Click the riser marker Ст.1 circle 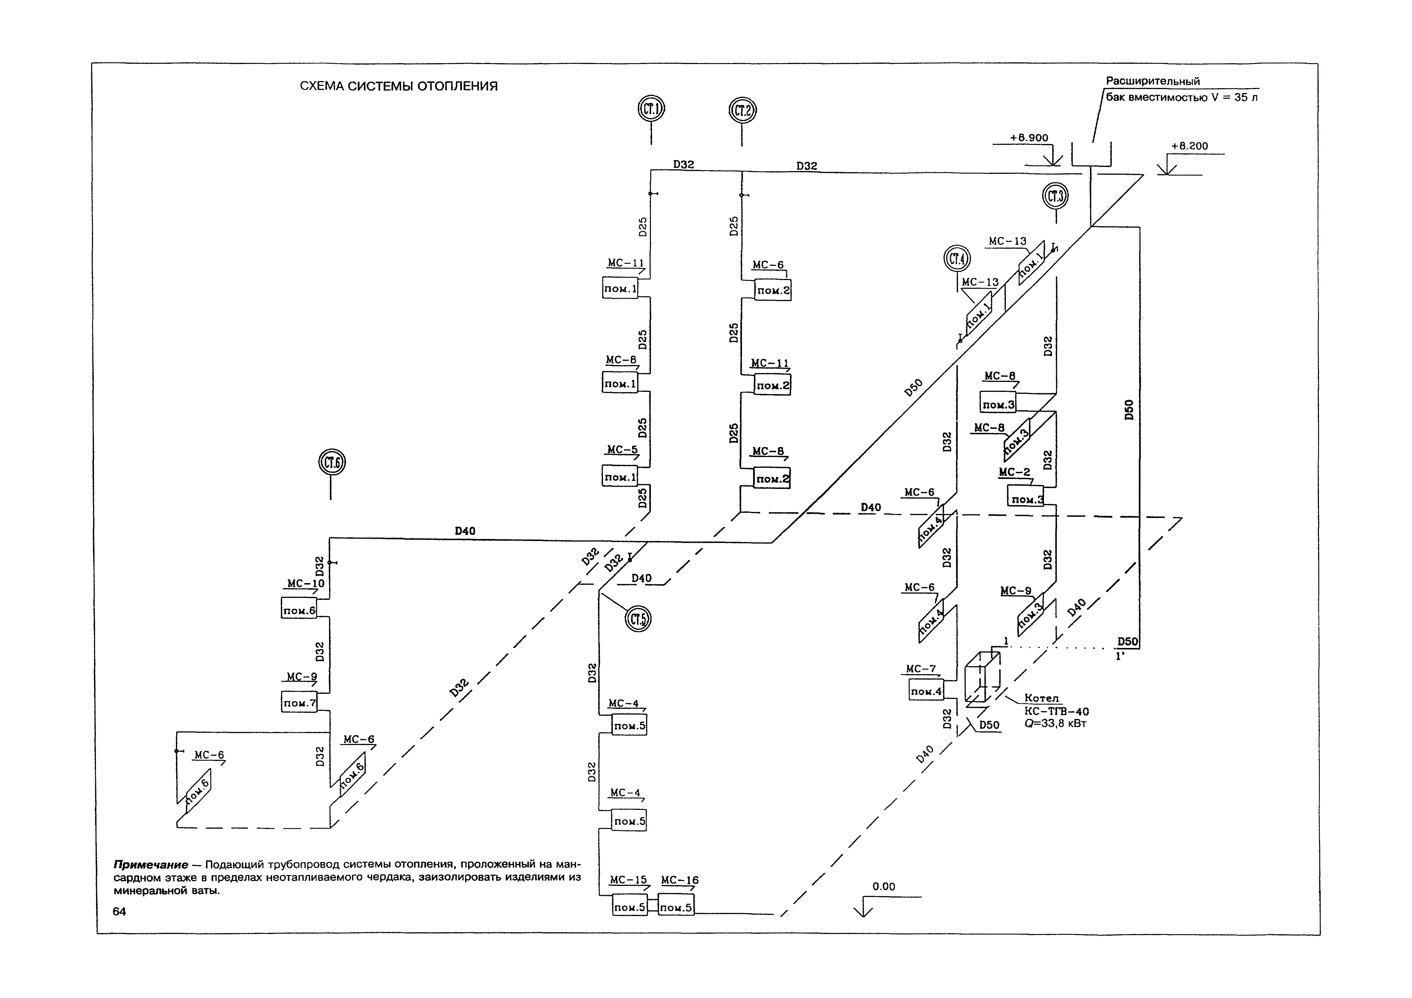click(x=651, y=110)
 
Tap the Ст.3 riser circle click(x=1055, y=197)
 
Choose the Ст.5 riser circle click(x=638, y=619)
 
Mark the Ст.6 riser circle click(x=332, y=462)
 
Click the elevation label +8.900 click(x=1029, y=138)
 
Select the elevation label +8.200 click(x=1189, y=146)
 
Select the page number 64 click(x=119, y=912)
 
